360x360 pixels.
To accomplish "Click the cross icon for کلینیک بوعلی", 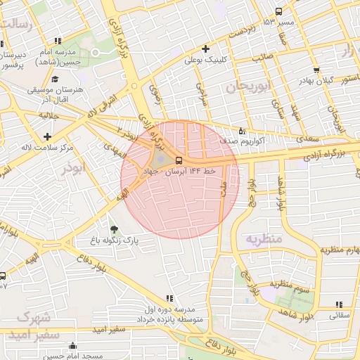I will coord(205,49).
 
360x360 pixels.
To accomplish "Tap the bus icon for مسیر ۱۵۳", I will coord(279,12).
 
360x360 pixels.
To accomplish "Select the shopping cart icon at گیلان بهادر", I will coord(317,70).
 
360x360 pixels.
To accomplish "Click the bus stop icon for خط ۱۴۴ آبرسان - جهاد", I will coord(178,160).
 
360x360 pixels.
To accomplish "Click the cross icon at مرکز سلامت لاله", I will coord(47,136).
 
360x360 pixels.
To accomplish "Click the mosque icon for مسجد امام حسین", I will coord(72,345).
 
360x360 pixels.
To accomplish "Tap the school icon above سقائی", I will coord(340,304).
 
